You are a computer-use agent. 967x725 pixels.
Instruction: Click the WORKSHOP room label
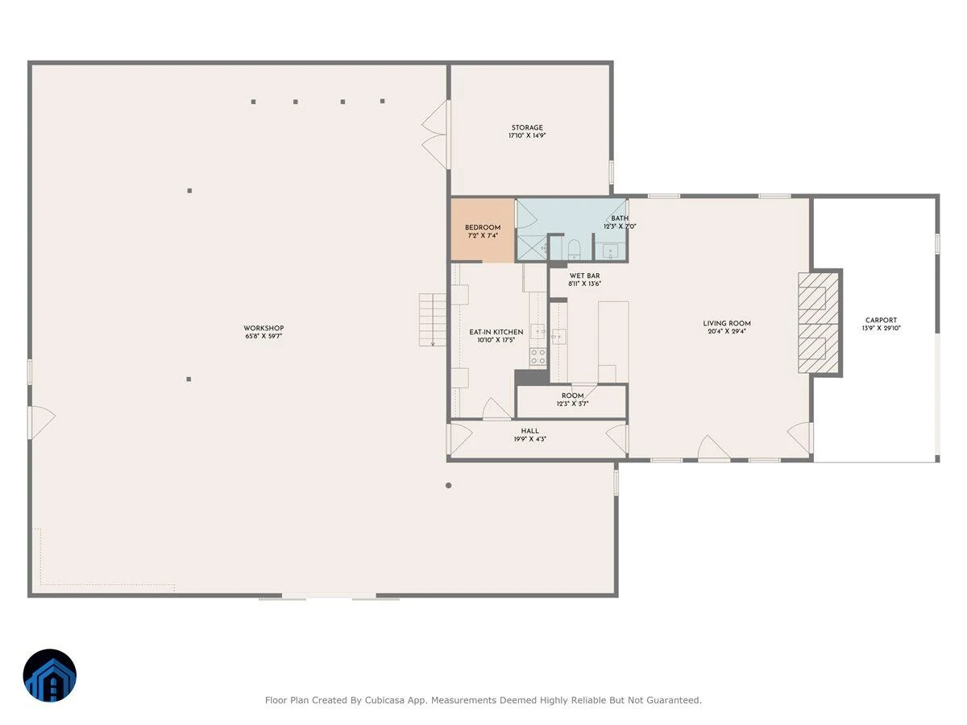click(264, 328)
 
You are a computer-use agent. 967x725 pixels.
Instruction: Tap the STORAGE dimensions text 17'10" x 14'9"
click(527, 135)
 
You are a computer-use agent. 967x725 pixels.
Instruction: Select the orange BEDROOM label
click(483, 228)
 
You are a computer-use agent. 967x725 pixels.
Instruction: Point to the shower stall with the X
click(532, 248)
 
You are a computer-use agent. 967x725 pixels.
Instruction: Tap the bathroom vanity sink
click(610, 252)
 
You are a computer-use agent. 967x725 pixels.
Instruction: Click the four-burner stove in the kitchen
click(538, 357)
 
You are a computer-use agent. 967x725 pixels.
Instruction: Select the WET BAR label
click(584, 276)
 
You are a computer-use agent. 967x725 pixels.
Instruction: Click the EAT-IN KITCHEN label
click(496, 332)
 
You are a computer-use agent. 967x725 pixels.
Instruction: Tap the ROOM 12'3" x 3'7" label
click(572, 400)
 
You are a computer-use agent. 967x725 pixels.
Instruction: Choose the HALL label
click(530, 432)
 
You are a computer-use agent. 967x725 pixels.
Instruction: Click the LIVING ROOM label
click(727, 324)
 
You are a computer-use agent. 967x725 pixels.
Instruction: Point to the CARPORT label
click(881, 321)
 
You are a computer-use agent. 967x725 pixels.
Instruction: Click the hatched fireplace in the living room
click(819, 323)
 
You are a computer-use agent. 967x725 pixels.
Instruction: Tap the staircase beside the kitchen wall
click(433, 320)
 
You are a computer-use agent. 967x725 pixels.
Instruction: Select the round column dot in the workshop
click(449, 486)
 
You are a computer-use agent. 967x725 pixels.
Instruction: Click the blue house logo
click(50, 675)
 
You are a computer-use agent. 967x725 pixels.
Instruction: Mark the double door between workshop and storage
click(435, 135)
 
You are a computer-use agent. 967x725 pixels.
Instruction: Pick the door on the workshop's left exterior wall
click(41, 423)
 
